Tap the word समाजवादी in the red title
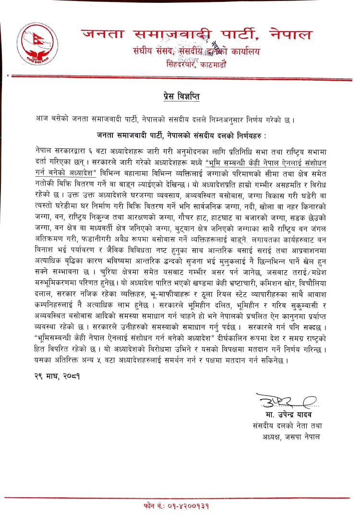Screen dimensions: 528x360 click(x=174, y=34)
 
